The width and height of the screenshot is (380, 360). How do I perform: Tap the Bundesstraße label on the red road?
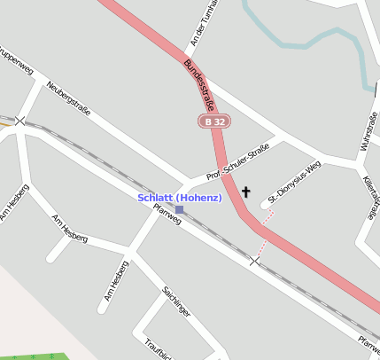coord(200,84)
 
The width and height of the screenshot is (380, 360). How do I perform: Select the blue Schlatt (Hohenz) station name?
coord(179,197)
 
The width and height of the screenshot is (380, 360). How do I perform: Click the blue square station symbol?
coord(180,209)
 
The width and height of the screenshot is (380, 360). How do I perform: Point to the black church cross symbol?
coord(245,191)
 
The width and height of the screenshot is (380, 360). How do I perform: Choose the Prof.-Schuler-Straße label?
coord(237,163)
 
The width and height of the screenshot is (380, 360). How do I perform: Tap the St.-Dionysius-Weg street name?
coord(295,184)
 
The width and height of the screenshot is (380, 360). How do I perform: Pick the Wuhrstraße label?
coord(367,133)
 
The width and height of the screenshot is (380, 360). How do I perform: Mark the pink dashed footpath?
coord(263,232)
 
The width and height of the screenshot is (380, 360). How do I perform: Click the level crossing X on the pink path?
coord(255,261)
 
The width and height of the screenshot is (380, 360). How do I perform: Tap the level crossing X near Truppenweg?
coord(19,121)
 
